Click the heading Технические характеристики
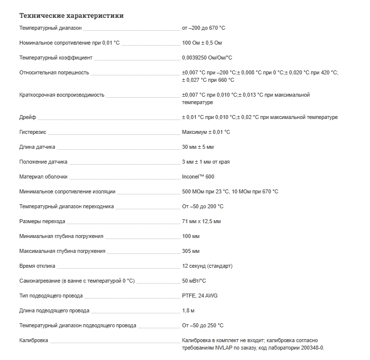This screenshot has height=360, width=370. (71, 16)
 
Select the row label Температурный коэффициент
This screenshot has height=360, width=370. (55, 58)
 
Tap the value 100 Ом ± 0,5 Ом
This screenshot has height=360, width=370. (202, 43)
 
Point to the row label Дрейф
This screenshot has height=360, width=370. (28, 118)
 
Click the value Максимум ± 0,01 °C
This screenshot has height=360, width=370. (206, 132)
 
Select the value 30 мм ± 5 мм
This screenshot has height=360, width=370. (198, 147)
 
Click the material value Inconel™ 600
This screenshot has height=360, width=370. (198, 177)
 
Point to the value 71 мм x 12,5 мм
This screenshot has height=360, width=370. (202, 222)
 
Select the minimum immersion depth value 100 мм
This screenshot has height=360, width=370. (191, 237)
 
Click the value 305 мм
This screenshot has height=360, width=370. (191, 251)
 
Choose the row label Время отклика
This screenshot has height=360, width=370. (38, 266)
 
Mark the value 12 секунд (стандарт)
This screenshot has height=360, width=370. (207, 266)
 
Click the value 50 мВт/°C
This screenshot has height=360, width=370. (194, 281)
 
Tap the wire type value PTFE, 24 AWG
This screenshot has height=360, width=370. (200, 296)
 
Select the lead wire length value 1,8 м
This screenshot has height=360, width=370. (188, 311)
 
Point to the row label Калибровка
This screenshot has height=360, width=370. (34, 341)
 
